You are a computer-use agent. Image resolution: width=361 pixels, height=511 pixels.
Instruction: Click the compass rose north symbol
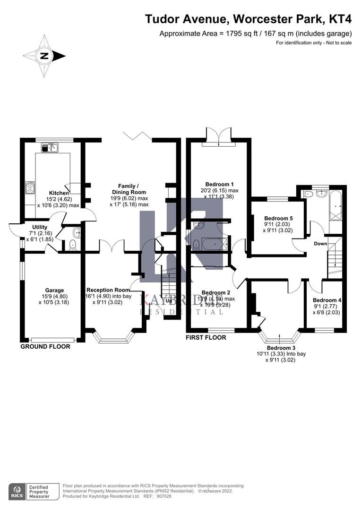[x=44, y=56]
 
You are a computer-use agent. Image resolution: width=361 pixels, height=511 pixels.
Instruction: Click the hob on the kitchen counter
[x=30, y=188]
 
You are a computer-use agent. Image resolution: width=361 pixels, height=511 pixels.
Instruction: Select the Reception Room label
[x=108, y=290]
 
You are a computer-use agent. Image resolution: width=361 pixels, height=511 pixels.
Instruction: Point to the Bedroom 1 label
[x=219, y=184]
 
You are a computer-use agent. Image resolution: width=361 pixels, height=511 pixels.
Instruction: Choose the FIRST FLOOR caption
[x=206, y=337]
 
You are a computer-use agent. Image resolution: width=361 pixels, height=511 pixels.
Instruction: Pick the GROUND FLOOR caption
[x=45, y=346]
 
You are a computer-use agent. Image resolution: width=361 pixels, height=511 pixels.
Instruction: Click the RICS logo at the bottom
[x=19, y=491]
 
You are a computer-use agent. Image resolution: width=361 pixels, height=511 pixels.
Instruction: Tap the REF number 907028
[x=164, y=496]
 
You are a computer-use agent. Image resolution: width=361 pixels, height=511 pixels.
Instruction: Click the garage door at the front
[x=52, y=339]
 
